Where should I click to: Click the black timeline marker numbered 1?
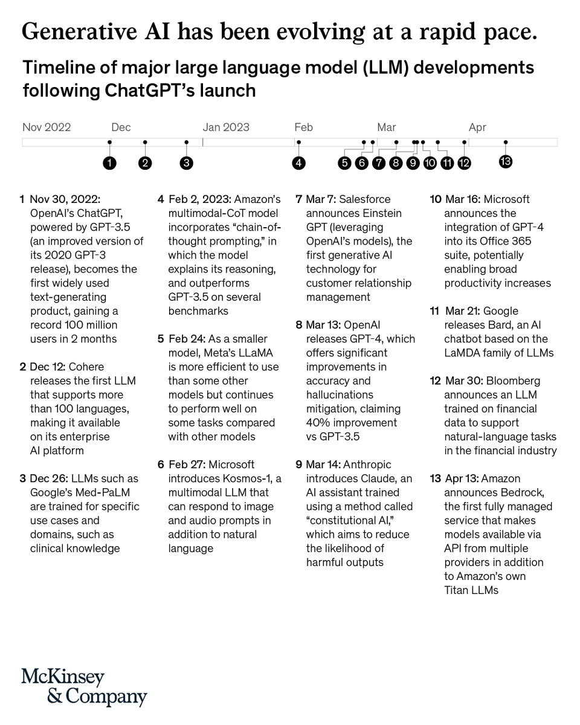pos(109,163)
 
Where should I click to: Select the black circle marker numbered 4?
pos(298,163)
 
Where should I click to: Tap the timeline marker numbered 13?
pos(506,161)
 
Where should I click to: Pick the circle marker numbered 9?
pos(413,163)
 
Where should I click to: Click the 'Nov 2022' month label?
pos(47,127)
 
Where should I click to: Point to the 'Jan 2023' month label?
pos(226,127)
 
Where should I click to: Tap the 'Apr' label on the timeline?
pos(477,127)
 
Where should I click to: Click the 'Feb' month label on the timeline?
pos(303,127)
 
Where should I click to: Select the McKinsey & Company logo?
pos(84,687)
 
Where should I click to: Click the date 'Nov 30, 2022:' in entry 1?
pos(65,199)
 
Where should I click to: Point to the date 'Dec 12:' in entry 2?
pos(49,367)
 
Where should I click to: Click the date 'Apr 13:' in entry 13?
pos(463,478)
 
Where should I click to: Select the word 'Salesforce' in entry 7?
pos(365,199)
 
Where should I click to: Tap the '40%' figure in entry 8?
pos(319,423)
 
